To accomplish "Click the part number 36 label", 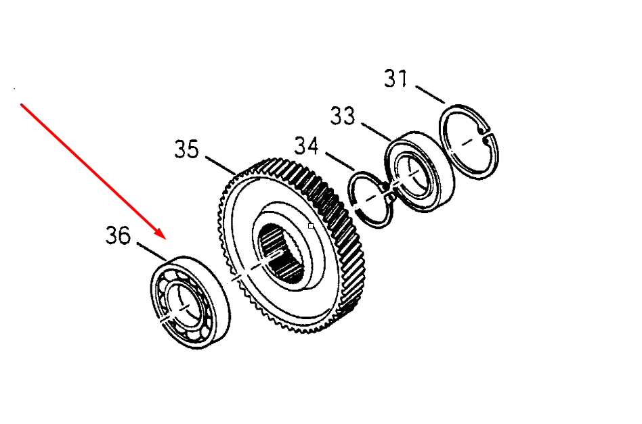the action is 119,235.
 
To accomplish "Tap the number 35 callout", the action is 187,149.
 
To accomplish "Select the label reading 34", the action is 306,146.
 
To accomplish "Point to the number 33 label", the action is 343,116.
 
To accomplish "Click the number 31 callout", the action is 396,78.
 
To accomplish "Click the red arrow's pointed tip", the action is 166,239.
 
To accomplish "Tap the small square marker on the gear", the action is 311,226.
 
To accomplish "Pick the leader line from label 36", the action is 152,252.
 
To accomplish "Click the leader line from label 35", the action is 220,165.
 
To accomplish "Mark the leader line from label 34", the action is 340,162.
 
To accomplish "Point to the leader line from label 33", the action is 377,132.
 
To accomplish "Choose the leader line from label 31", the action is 430,95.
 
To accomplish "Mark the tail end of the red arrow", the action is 21,105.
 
